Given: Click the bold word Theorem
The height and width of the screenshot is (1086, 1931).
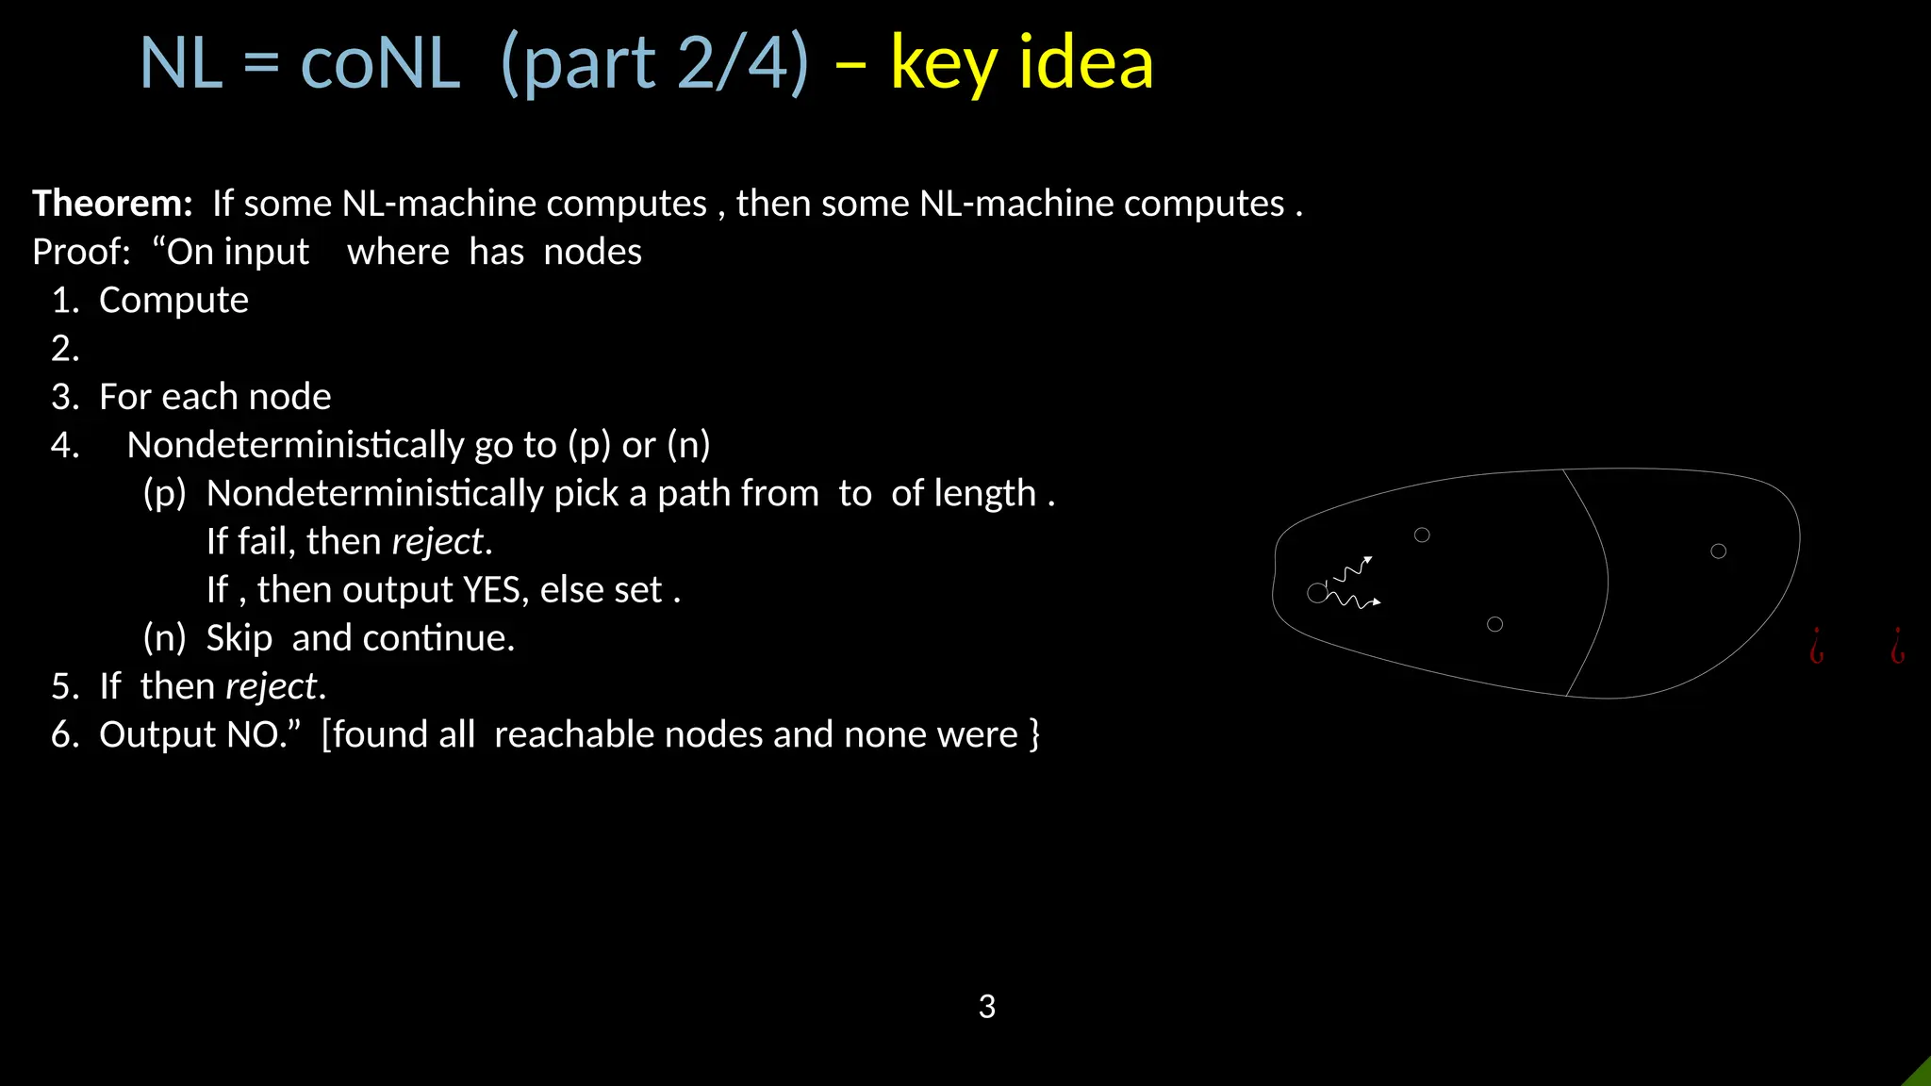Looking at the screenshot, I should tap(111, 204).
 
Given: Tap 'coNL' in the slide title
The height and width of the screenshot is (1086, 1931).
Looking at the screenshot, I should tap(380, 63).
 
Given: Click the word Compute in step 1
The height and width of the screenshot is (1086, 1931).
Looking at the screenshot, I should tap(173, 301).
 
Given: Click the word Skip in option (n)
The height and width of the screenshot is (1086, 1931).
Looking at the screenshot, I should tap(239, 638).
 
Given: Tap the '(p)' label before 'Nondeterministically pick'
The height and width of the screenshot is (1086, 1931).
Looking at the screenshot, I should tap(164, 494).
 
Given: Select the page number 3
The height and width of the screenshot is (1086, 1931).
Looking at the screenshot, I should tap(986, 1007).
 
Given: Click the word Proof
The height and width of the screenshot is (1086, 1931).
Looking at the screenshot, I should tap(79, 253).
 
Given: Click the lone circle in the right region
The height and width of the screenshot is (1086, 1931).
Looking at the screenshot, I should tap(1718, 551).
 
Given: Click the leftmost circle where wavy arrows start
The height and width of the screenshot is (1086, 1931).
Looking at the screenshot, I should tap(1316, 593).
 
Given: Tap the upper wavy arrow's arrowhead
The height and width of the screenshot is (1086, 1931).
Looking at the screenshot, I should tap(1368, 560).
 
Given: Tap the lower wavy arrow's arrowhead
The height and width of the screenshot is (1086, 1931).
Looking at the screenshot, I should tap(1377, 601).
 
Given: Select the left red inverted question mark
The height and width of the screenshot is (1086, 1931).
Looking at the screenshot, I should tap(1816, 647).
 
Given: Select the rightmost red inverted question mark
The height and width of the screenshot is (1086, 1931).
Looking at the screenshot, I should tap(1897, 647).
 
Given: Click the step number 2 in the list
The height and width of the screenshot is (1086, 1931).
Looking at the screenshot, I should tap(63, 349).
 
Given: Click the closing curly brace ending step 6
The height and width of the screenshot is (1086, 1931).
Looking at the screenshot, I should tap(1034, 734).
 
